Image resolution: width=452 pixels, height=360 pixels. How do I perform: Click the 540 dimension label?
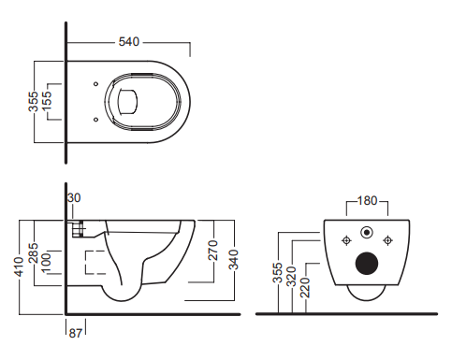pyautogui.click(x=129, y=42)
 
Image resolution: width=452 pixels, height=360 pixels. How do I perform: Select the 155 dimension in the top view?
pyautogui.click(x=46, y=100)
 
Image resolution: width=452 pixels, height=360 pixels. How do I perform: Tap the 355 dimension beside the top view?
pyautogui.click(x=33, y=101)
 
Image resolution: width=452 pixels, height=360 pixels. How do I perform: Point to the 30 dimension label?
pyautogui.click(x=74, y=197)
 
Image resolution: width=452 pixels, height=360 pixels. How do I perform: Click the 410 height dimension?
pyautogui.click(x=19, y=266)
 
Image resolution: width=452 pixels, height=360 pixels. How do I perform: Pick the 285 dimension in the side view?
pyautogui.click(x=33, y=253)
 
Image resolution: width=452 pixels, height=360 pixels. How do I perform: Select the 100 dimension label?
pyautogui.click(x=46, y=264)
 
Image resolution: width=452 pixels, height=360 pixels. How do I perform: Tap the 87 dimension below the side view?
pyautogui.click(x=75, y=333)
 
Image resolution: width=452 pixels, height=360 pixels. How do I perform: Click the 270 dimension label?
pyautogui.click(x=212, y=250)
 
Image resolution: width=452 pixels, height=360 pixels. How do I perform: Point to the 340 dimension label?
pyautogui.click(x=233, y=260)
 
